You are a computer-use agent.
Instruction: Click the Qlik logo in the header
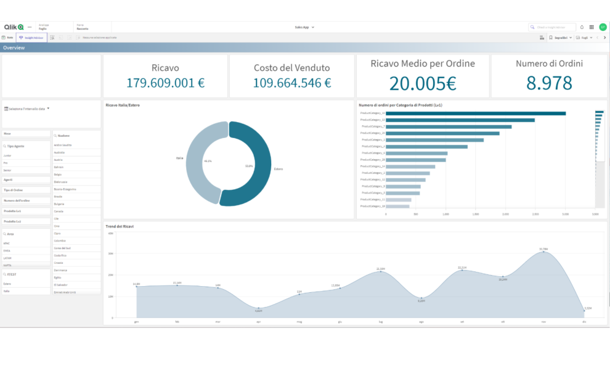[14, 27]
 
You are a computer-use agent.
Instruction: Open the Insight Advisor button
[31, 38]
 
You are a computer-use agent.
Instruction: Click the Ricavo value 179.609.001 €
[165, 83]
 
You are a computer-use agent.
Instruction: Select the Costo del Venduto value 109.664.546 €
[291, 83]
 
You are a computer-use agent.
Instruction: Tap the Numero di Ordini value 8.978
[549, 83]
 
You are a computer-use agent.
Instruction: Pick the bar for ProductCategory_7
[450, 126]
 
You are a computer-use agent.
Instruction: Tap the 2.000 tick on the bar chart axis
[505, 214]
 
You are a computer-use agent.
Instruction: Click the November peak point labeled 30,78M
[543, 252]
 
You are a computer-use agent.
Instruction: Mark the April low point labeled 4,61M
[259, 308]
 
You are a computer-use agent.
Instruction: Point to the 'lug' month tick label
[381, 321]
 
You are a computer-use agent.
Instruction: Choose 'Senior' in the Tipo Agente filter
[7, 170]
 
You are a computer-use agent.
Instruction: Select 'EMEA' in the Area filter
[7, 251]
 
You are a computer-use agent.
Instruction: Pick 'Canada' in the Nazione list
[59, 211]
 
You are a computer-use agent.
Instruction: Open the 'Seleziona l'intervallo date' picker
[28, 109]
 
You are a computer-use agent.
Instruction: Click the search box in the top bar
[552, 27]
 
